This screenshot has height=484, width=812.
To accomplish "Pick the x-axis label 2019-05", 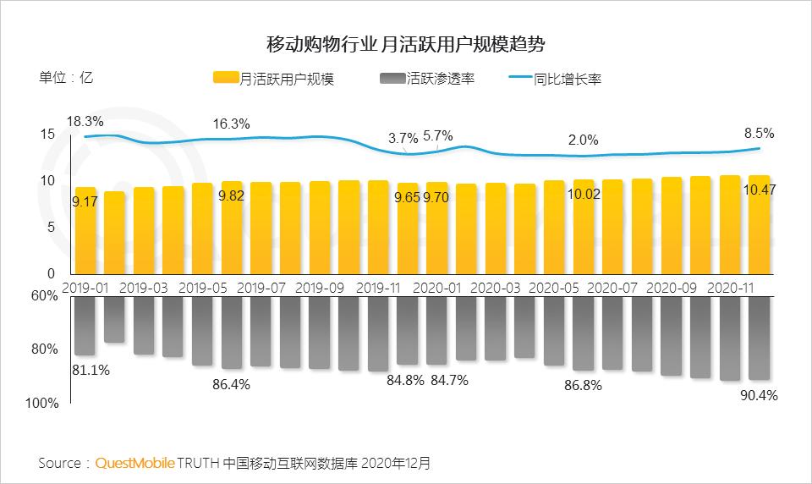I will click(204, 288).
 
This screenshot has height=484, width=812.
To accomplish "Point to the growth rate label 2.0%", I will click(583, 140).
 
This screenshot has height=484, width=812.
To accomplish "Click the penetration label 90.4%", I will click(758, 395).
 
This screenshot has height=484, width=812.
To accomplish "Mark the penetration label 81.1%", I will click(91, 369).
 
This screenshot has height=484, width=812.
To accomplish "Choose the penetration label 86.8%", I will click(582, 385).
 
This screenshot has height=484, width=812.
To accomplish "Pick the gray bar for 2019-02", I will click(114, 319).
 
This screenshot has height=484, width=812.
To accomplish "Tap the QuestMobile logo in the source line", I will click(135, 463).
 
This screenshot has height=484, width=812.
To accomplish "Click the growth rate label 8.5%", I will click(758, 133).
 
